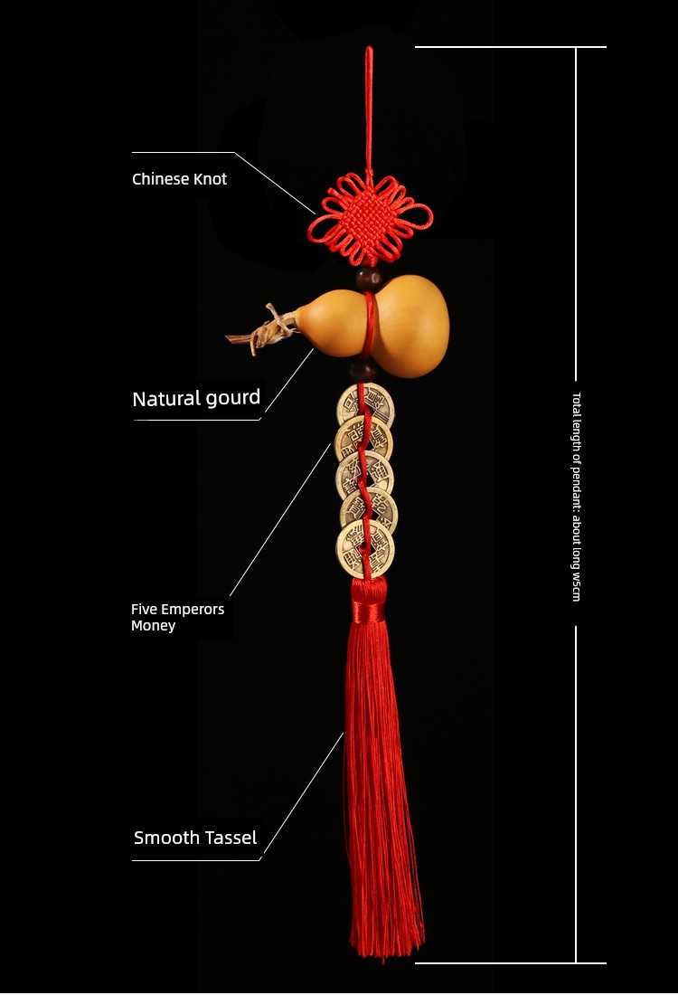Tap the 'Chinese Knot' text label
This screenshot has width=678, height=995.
(x=180, y=179)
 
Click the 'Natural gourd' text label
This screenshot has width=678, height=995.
(x=196, y=398)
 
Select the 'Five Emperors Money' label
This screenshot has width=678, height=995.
(x=177, y=618)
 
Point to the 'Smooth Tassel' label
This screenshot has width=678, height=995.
(x=195, y=838)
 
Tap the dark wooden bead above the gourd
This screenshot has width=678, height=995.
(x=369, y=279)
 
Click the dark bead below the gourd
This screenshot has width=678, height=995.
(x=363, y=369)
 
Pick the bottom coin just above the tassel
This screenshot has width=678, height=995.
(x=364, y=549)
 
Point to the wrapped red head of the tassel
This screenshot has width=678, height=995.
(x=367, y=600)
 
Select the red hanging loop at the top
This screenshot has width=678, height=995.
(x=368, y=108)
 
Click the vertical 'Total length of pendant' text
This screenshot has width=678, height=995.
(x=576, y=497)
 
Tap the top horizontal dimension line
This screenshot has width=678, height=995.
(x=511, y=47)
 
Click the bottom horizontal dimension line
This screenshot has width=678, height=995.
(x=511, y=963)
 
